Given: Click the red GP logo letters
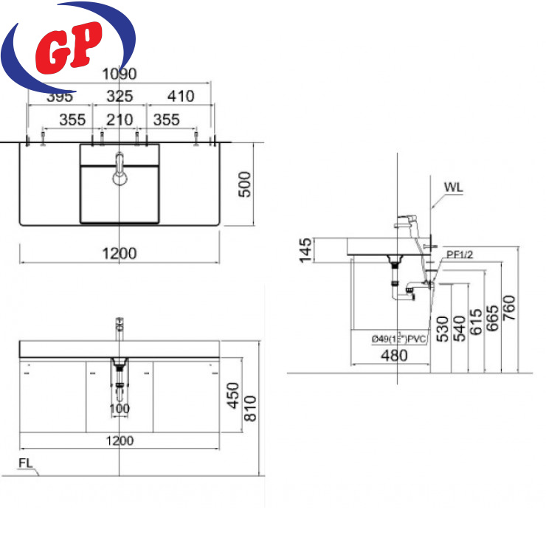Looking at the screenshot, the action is [69, 48].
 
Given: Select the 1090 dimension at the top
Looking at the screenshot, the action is [119, 75].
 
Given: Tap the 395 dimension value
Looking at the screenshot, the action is [60, 97].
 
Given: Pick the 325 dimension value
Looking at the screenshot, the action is [120, 97].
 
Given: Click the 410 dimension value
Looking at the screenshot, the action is [181, 97].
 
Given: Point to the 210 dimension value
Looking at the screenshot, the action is [120, 120].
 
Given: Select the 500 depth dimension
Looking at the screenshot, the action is [244, 184].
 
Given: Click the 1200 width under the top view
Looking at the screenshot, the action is [119, 254].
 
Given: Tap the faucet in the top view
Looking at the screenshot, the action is [120, 169].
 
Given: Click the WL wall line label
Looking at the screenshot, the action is [453, 187].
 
